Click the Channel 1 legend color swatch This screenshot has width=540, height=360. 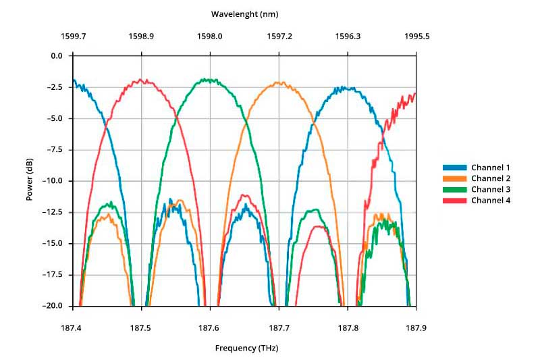tap(454, 167)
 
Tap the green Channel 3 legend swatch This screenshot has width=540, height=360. tap(454, 190)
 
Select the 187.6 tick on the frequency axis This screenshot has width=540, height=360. tap(210, 328)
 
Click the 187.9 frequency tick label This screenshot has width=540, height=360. tap(416, 328)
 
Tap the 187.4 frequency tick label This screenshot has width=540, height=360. tap(73, 328)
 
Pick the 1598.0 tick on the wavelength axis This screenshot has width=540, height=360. tap(210, 36)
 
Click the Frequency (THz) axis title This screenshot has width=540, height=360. tap(246, 349)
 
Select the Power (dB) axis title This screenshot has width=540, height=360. tap(30, 181)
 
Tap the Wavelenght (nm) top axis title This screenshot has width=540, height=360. tap(244, 14)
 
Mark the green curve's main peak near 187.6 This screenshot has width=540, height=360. tap(210, 80)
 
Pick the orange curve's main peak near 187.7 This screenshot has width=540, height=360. tap(278, 83)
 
